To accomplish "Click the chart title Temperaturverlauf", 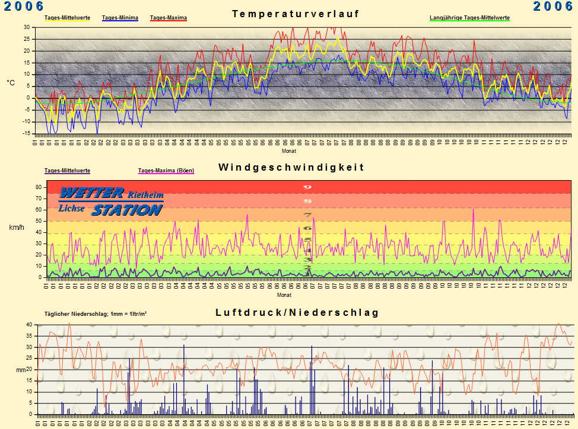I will tap(296, 14).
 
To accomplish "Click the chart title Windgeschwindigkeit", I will tap(291, 168).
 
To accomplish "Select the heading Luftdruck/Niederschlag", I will tap(297, 312).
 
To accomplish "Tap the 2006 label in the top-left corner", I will tap(24, 6).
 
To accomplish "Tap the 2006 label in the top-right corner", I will tap(552, 6).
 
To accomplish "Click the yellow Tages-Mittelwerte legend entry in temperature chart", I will tap(67, 18).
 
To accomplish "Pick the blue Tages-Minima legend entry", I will tap(120, 18).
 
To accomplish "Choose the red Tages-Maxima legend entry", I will tap(169, 18).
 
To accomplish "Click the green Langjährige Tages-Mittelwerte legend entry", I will tap(469, 18).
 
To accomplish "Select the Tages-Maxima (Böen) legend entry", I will tap(166, 171).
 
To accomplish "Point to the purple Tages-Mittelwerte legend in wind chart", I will tap(67, 171).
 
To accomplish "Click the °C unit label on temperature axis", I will tap(11, 83).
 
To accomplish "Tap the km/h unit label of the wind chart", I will tap(16, 227).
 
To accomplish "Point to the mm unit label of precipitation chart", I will tap(20, 370).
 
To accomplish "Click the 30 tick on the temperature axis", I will tap(27, 27).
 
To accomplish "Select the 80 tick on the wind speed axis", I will tap(38, 187).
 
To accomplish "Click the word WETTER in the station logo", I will tap(91, 193).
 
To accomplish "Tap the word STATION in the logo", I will tap(126, 210).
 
